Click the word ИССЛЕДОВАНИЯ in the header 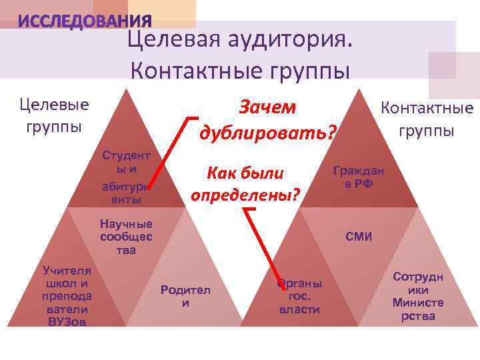pos(85,22)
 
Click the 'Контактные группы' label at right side pos(427,118)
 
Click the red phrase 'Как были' pos(245,173)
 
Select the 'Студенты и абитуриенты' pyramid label pos(126,177)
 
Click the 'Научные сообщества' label pos(126,237)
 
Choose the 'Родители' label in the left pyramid pos(185,296)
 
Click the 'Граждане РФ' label pos(359,177)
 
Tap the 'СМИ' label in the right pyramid pos(359,237)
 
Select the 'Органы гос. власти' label pos(299,295)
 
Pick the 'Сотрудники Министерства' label pos(418,296)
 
